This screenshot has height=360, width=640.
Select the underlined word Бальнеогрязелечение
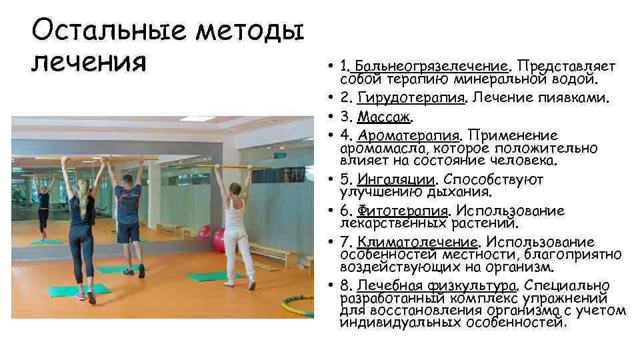(x=432, y=67)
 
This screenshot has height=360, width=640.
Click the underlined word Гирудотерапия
(x=411, y=99)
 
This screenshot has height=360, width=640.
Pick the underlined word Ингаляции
(x=396, y=179)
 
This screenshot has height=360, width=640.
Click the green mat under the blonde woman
(x=87, y=290)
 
